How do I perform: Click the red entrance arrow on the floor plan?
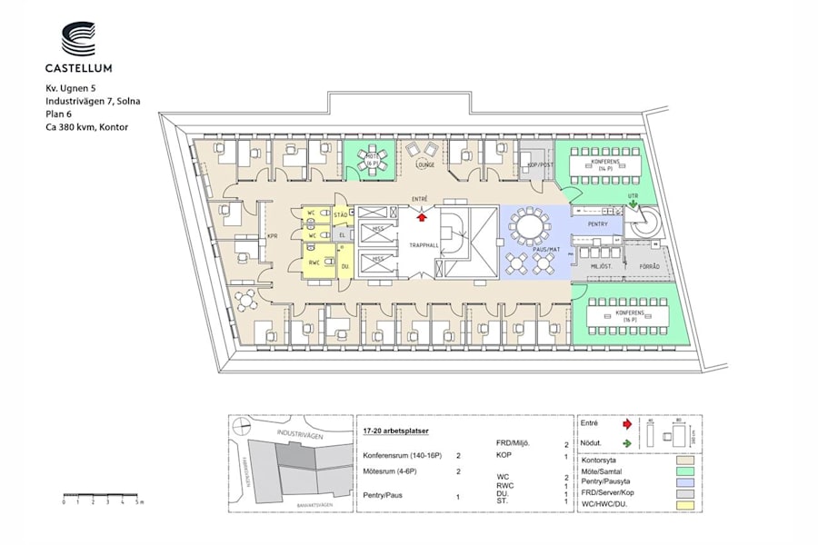[421, 215]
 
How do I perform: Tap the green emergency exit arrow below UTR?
[632, 205]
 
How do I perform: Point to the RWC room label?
[313, 263]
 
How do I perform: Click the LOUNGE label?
[424, 165]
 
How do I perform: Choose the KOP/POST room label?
[541, 165]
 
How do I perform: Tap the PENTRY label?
[597, 223]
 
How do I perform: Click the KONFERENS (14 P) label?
[608, 165]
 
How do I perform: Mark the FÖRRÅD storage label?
[650, 266]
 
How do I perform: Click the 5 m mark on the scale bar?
[136, 501]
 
